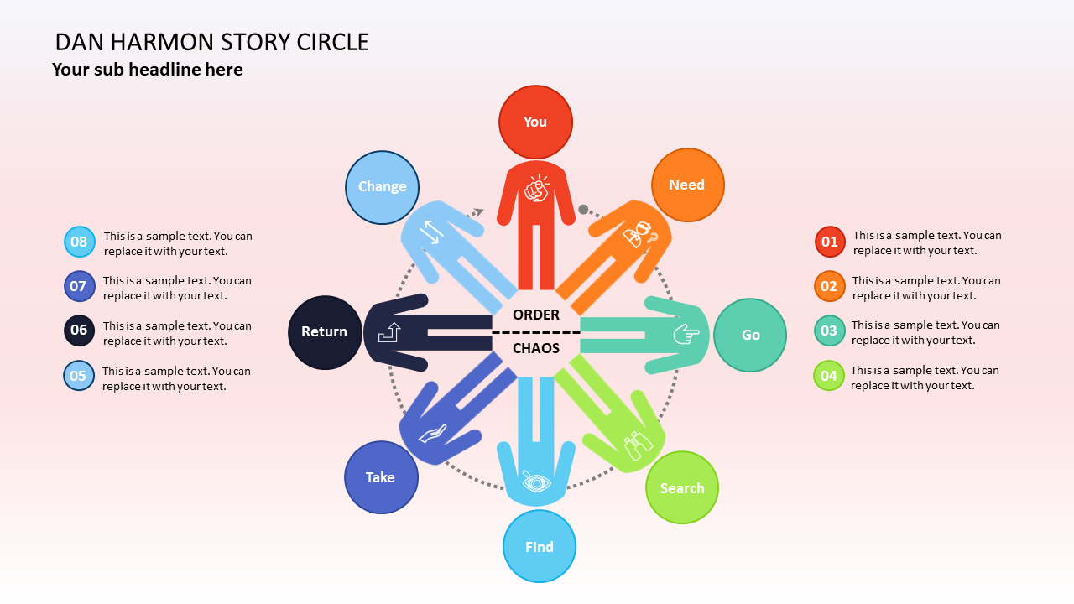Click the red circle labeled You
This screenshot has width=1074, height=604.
[x=535, y=122]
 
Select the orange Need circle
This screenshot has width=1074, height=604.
[x=687, y=185]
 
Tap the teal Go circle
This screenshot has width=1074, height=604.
[x=750, y=335]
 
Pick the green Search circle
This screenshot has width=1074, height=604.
[x=682, y=487]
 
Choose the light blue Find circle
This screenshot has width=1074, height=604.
[x=540, y=546]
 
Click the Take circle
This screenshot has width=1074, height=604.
[x=381, y=477]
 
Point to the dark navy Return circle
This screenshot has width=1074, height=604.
[x=325, y=332]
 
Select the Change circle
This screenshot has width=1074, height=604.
[x=383, y=187]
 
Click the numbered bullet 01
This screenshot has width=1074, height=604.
[x=830, y=242]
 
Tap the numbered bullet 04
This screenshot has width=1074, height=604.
[x=829, y=375]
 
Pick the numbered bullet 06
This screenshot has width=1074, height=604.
[x=79, y=330]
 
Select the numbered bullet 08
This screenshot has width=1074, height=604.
[x=79, y=242]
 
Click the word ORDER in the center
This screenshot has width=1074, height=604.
[x=536, y=315]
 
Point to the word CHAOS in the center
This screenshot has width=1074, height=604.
[x=536, y=348]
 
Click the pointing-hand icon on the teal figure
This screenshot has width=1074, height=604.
[x=686, y=335]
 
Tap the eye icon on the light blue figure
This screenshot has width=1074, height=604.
[x=536, y=482]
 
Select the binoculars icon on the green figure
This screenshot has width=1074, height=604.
[x=639, y=445]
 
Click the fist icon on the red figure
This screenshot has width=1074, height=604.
[x=536, y=189]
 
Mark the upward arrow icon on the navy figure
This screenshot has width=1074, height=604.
[x=389, y=332]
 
